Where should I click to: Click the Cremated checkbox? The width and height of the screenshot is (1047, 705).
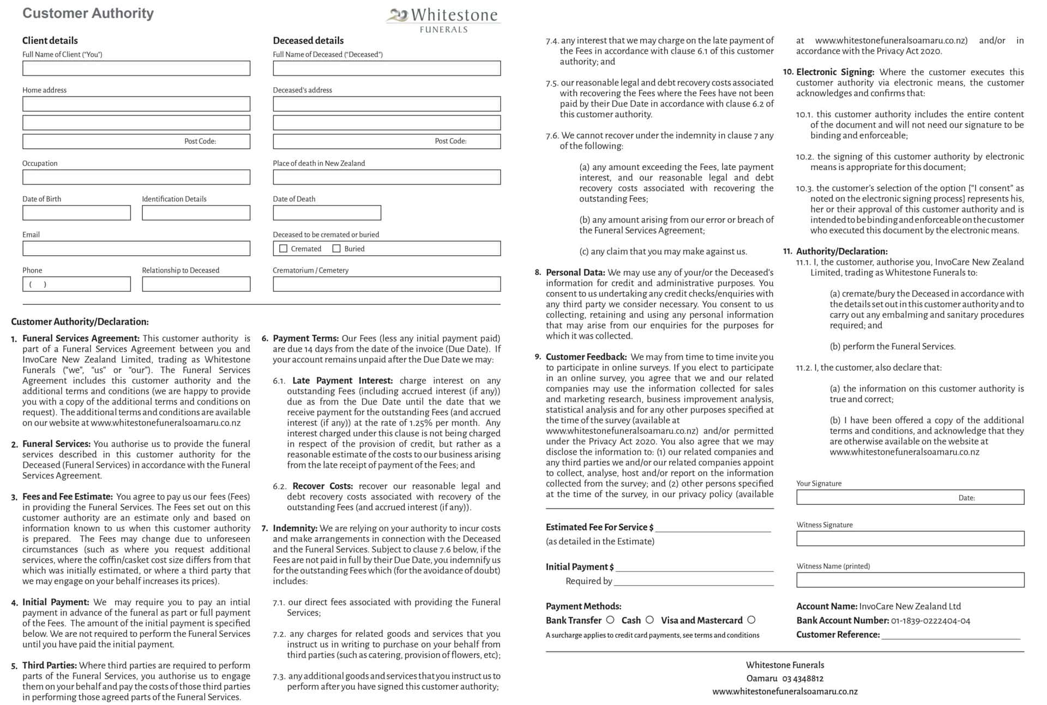click(283, 249)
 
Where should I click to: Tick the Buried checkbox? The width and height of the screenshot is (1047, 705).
click(336, 249)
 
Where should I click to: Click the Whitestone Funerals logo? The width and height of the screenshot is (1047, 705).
click(443, 20)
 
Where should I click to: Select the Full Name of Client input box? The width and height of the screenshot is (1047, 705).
click(136, 68)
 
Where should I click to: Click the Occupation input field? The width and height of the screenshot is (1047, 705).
click(136, 177)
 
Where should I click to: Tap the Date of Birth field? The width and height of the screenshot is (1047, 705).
click(76, 213)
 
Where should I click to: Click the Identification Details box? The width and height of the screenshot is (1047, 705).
click(196, 213)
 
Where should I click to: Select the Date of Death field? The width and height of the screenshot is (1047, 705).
click(327, 213)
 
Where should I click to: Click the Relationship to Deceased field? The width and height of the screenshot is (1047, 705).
click(196, 284)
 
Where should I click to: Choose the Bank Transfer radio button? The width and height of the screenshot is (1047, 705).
click(610, 620)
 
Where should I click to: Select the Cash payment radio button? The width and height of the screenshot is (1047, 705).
click(649, 620)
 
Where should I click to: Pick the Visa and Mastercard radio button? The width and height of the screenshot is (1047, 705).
click(751, 620)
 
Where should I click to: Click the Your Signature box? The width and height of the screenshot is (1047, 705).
click(872, 497)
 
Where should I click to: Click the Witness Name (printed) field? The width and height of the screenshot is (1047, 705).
click(910, 580)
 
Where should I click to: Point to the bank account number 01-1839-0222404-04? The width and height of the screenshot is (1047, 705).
click(930, 621)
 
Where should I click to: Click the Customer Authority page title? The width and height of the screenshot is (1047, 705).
click(88, 13)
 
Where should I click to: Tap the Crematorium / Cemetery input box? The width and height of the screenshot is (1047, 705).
click(387, 284)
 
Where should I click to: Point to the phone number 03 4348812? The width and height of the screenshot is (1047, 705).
click(803, 679)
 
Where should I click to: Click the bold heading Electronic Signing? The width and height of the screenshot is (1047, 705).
click(835, 72)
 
